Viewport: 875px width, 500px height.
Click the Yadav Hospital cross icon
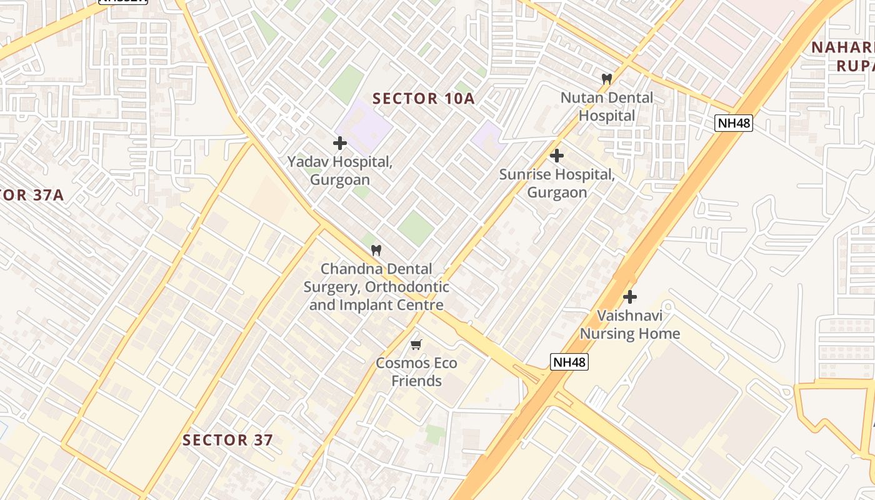[x=339, y=143]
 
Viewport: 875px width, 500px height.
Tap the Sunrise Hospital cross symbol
[x=556, y=156]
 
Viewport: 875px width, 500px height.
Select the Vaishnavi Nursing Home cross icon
[x=629, y=297]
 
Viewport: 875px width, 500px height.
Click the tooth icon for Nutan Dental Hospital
[x=606, y=79]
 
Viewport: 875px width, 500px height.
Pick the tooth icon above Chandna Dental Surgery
[x=376, y=251]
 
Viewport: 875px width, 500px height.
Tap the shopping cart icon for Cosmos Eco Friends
[x=416, y=344]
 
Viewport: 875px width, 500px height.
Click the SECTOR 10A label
[x=424, y=98]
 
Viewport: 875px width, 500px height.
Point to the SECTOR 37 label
[x=227, y=440]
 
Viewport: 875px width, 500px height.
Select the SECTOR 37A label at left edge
[x=31, y=195]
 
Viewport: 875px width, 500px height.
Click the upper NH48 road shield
[x=734, y=122]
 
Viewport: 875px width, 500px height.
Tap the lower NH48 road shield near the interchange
[x=569, y=361]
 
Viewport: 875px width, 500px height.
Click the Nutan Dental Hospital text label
[x=606, y=107]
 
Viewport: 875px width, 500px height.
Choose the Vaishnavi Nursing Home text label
[x=629, y=324]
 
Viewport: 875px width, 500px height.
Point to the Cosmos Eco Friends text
[x=416, y=372]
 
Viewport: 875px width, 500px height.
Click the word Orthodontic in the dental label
[x=406, y=287]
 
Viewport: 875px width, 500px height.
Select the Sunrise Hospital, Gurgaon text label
[x=556, y=183]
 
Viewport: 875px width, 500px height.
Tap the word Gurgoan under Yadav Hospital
[x=340, y=180]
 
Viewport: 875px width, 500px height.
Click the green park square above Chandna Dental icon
[x=416, y=227]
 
